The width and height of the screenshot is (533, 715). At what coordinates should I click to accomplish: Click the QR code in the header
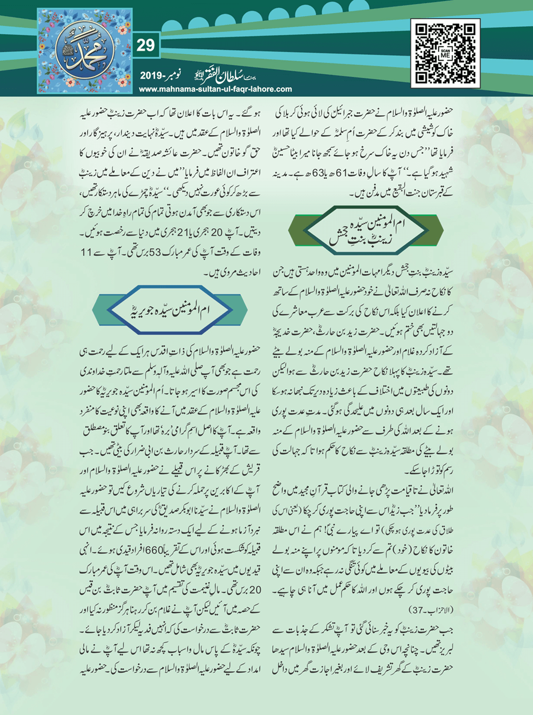point(445,53)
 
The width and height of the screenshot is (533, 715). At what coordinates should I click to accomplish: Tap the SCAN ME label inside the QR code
point(445,54)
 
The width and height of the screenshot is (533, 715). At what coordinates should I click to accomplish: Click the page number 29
point(145,46)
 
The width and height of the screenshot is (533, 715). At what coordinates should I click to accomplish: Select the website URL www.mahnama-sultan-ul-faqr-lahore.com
point(215,89)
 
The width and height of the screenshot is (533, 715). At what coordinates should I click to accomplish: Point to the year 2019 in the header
point(151,76)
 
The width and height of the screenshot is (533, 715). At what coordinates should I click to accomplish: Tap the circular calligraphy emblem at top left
point(85,50)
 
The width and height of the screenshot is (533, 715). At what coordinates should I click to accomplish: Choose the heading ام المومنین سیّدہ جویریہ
point(170,310)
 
